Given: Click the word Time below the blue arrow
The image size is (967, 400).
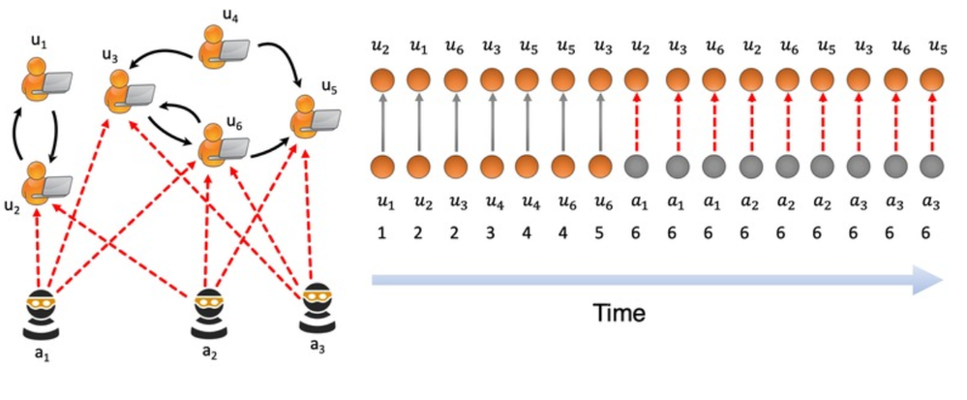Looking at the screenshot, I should click(619, 314).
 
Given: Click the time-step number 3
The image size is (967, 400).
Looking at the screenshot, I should click(492, 234).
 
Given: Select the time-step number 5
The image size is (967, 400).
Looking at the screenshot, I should click(601, 234).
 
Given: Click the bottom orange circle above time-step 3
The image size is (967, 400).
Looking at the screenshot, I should click(492, 166).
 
